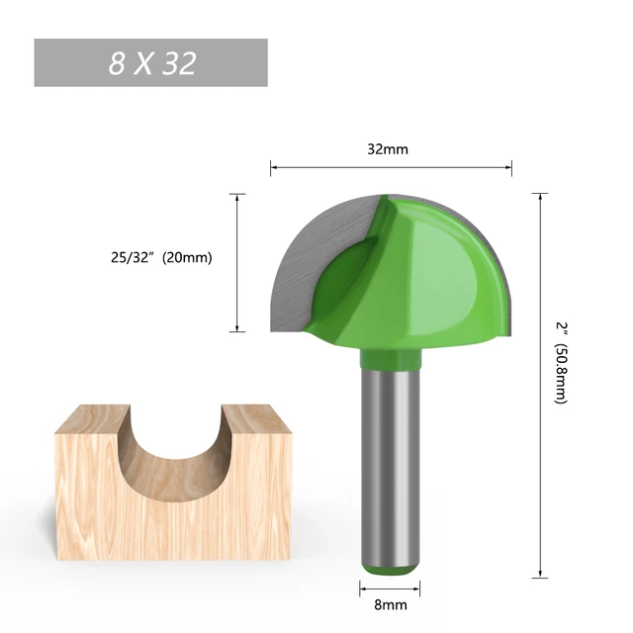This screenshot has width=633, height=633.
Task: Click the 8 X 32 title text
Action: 151,63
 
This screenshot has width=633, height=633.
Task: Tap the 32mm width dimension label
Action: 388,149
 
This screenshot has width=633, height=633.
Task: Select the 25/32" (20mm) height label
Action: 160,258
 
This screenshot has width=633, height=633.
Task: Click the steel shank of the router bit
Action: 389,465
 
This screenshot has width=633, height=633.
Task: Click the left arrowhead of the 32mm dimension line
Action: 274,169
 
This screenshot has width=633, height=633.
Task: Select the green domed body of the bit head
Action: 435,277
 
